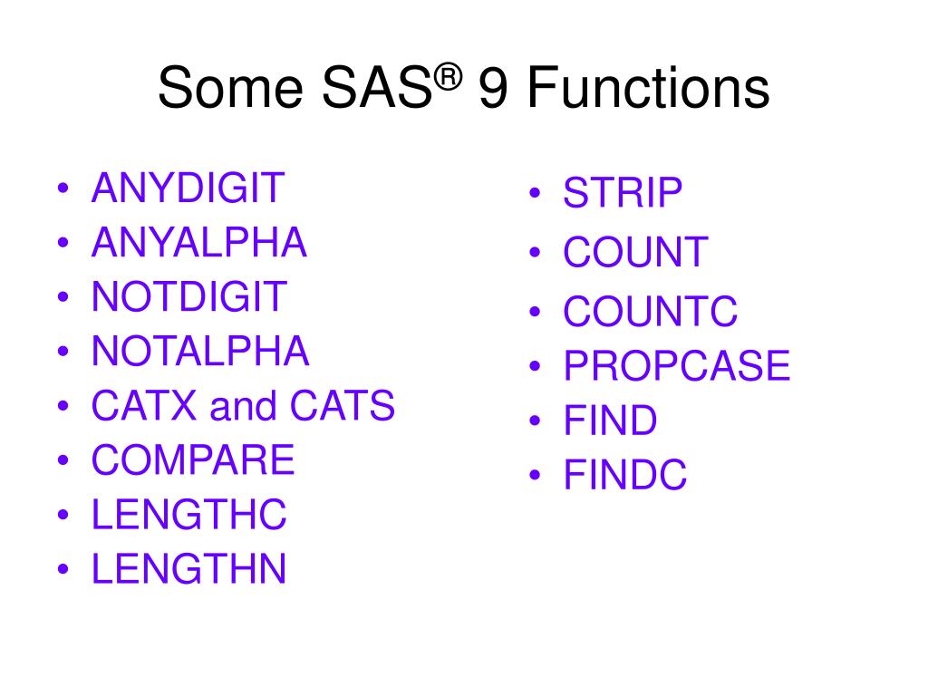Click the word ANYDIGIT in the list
pyautogui.click(x=188, y=188)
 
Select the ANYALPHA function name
pyautogui.click(x=199, y=243)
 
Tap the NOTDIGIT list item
pyautogui.click(x=189, y=297)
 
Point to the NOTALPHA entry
pyautogui.click(x=200, y=352)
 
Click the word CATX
pyautogui.click(x=145, y=406)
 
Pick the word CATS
pyautogui.click(x=343, y=406)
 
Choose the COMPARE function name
pyautogui.click(x=193, y=460)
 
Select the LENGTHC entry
pyautogui.click(x=189, y=515)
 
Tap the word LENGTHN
pyautogui.click(x=189, y=569)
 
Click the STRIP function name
pyautogui.click(x=623, y=193)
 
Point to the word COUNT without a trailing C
pyautogui.click(x=635, y=252)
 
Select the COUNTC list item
pyautogui.click(x=651, y=312)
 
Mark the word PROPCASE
pyautogui.click(x=677, y=366)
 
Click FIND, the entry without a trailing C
pyautogui.click(x=610, y=420)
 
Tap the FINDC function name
pyautogui.click(x=625, y=476)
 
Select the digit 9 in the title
pyautogui.click(x=492, y=90)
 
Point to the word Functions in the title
pyautogui.click(x=647, y=90)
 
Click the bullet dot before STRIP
pyautogui.click(x=536, y=194)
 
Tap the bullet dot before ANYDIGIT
pyautogui.click(x=64, y=189)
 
